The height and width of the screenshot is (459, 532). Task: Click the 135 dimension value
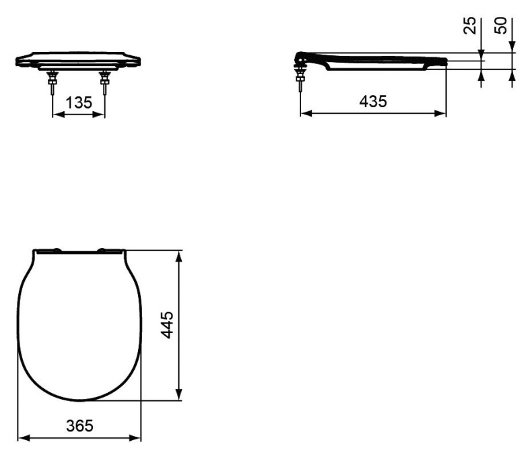79,103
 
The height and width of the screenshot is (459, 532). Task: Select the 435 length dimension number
373,102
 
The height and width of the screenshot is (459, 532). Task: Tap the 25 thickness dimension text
471,26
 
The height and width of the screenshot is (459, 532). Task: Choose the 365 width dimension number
79,426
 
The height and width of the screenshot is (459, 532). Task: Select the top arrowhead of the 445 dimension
179,255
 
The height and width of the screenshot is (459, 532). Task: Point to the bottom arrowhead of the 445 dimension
179,396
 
